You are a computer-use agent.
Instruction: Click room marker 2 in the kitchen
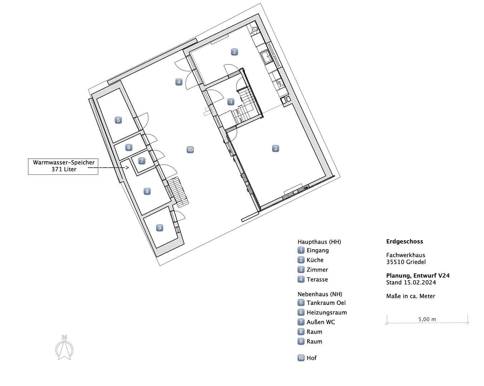point(234,52)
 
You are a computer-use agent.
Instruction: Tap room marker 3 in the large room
point(275,148)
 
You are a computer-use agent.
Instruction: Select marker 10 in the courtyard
point(190,150)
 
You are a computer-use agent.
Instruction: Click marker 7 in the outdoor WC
point(142,161)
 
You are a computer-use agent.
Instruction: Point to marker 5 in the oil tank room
point(118,120)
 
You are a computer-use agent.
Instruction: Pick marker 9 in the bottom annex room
point(160,228)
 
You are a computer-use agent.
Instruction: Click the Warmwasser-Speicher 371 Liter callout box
point(63,166)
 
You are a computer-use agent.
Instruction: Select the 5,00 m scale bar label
point(427,319)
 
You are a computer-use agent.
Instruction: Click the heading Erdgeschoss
point(405,241)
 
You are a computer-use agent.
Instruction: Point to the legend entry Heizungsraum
point(326,312)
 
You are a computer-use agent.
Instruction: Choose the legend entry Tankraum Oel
point(326,303)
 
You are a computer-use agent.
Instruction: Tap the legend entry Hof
point(311,358)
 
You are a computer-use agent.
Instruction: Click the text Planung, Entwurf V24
point(418,276)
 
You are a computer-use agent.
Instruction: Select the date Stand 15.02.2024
point(411,282)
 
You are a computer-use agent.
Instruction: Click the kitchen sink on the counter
point(267,56)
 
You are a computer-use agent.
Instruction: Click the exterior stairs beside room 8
point(178,192)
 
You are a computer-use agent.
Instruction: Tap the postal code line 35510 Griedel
point(406,262)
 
